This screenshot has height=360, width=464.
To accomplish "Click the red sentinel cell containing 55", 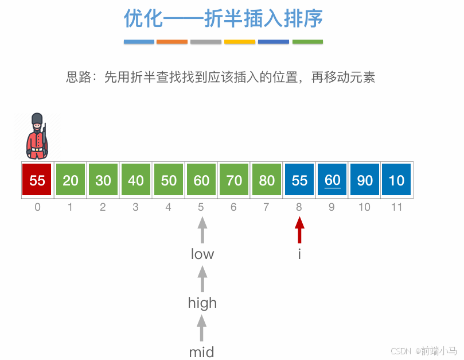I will tap(37, 180).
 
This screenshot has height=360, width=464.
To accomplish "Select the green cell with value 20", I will tap(71, 180).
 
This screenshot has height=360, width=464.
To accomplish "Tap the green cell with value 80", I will tap(267, 180).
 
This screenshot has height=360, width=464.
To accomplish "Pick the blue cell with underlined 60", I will tap(332, 180).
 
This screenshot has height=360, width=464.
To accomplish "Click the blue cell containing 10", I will tap(396, 180).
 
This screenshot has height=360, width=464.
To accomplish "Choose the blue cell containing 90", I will tap(365, 180).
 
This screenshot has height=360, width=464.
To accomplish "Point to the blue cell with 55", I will tap(299, 180).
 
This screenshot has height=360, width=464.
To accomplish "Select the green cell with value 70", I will tap(234, 180).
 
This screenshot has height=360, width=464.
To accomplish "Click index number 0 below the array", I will tap(37, 207).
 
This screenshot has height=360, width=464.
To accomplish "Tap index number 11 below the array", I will tap(396, 207).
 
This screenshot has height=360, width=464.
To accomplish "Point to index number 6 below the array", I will tap(233, 207).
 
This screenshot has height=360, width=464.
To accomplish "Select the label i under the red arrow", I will tap(299, 254).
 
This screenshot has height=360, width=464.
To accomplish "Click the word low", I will tap(202, 254).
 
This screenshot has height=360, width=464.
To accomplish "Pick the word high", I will tap(202, 303).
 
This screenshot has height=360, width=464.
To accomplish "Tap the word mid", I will tap(201, 351).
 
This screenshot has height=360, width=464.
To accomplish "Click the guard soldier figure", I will tap(37, 137).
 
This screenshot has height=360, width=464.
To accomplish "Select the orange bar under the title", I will tap(172, 42).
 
